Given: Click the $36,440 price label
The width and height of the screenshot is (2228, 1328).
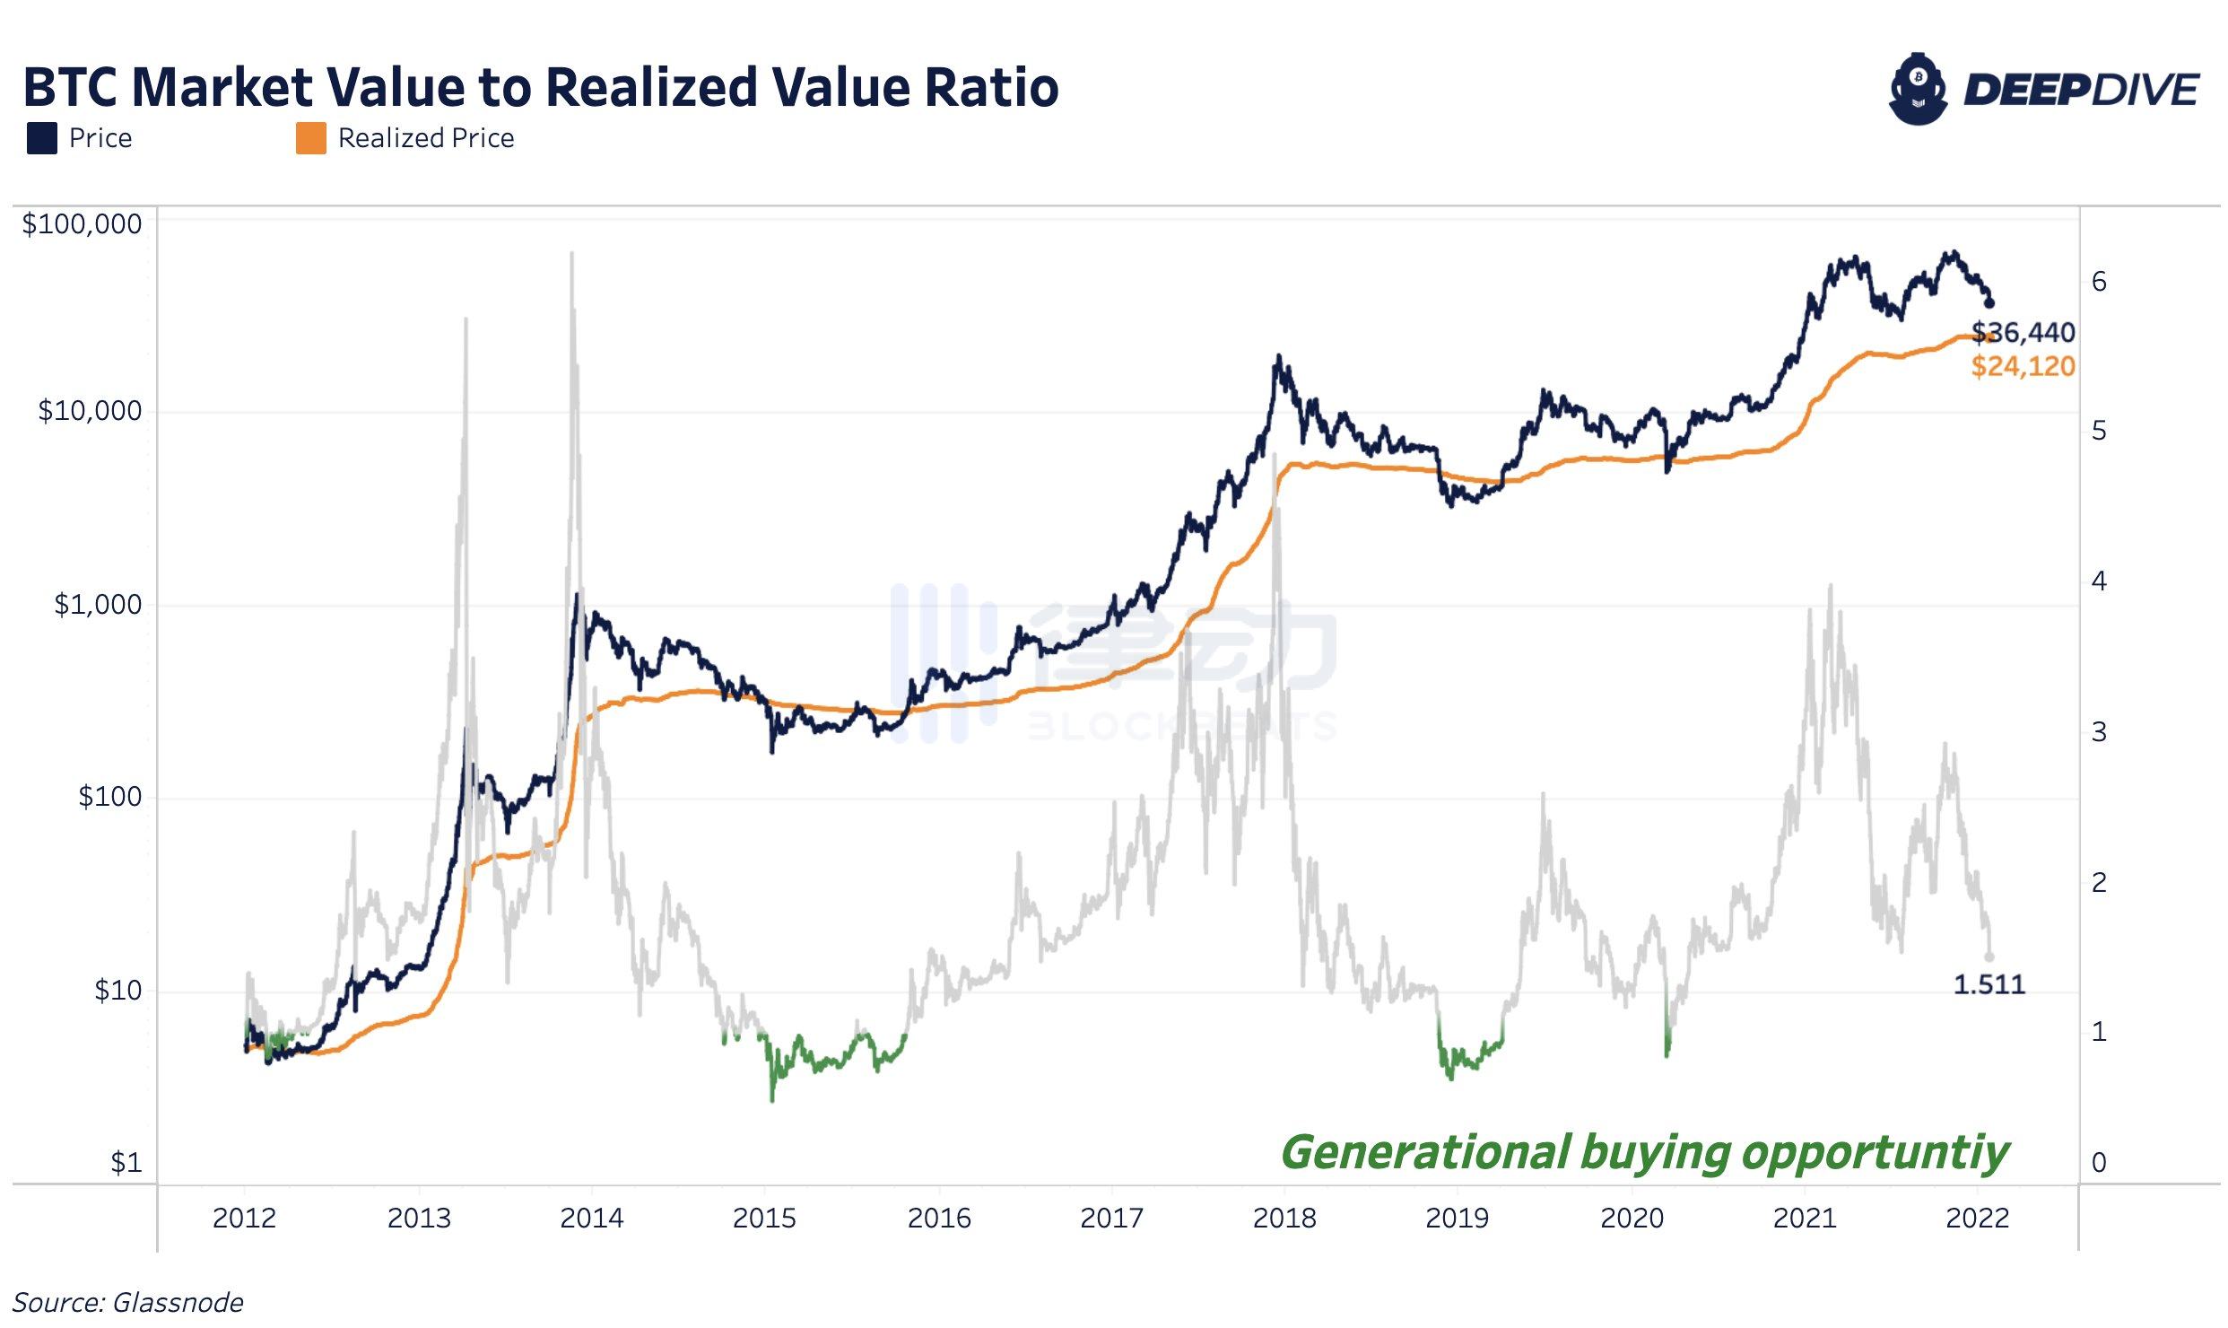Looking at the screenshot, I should (2023, 333).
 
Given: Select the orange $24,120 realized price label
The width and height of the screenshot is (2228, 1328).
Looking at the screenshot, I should (2023, 366).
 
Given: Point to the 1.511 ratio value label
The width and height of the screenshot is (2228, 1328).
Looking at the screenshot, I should (1989, 985).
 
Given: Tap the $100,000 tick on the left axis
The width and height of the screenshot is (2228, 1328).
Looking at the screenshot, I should (82, 224).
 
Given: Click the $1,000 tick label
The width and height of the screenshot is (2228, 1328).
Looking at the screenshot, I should (98, 605).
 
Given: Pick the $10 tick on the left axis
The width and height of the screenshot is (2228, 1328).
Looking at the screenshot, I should (117, 991).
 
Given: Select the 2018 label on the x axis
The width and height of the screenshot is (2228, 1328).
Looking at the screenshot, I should (1284, 1219).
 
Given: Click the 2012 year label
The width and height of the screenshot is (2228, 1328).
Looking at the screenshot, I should (244, 1219).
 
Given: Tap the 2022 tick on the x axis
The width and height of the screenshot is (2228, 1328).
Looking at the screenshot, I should (1977, 1219).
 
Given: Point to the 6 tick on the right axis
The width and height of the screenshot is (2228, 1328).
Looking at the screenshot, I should (2099, 282).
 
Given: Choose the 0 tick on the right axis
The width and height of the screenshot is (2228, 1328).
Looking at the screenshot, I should (2099, 1163).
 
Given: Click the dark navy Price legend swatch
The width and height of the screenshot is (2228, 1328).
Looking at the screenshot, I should (42, 139).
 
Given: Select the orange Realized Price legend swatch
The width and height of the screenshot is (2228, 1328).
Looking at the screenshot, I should (310, 139).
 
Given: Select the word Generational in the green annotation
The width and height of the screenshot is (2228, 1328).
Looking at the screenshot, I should (1426, 1152).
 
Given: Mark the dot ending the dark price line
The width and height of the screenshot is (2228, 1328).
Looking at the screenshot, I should (1989, 302).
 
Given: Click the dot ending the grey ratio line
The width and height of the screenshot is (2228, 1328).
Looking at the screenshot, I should (1989, 957).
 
